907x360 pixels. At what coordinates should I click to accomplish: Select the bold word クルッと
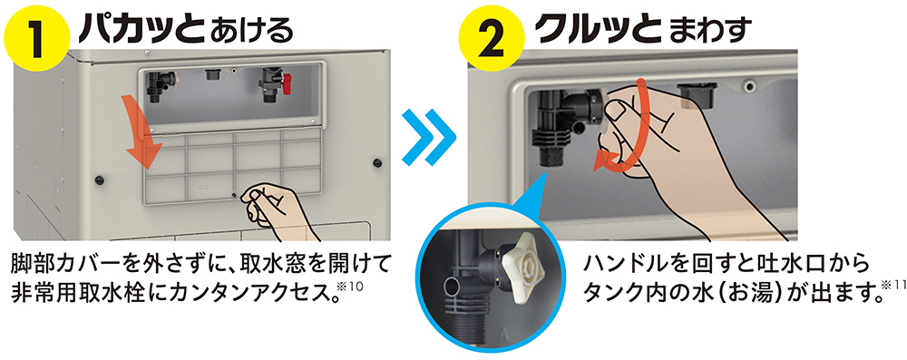tap(599, 30)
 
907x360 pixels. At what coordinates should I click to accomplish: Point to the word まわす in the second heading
tap(710, 33)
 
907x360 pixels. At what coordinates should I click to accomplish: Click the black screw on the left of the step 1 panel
tap(98, 179)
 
